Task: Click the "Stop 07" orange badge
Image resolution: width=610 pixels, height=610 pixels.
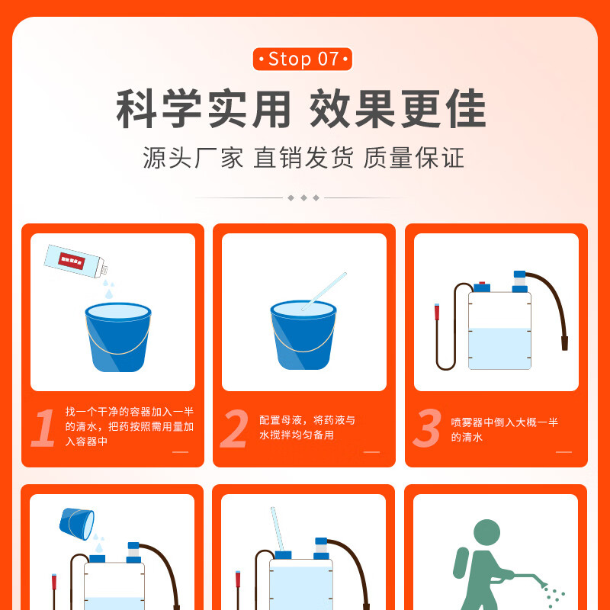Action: pyautogui.click(x=302, y=59)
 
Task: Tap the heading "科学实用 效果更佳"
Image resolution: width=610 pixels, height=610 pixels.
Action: pyautogui.click(x=301, y=108)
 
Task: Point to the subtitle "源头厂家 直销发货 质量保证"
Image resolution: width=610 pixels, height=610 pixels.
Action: pyautogui.click(x=303, y=158)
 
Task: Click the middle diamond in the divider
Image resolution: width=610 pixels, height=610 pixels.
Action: pyautogui.click(x=303, y=198)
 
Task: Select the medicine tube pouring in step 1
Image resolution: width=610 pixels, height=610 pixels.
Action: pyautogui.click(x=75, y=262)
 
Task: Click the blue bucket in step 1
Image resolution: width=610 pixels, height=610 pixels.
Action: pyautogui.click(x=118, y=337)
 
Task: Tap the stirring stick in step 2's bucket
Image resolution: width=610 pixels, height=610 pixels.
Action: pyautogui.click(x=323, y=291)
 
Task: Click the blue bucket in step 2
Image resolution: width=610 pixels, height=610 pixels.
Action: pyautogui.click(x=303, y=335)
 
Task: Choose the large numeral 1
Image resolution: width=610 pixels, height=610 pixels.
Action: pyautogui.click(x=43, y=427)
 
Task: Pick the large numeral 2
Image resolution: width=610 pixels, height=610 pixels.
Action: pyautogui.click(x=234, y=428)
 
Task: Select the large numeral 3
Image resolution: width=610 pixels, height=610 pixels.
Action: pyautogui.click(x=427, y=428)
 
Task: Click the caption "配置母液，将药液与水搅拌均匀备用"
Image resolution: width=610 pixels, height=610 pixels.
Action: pyautogui.click(x=307, y=428)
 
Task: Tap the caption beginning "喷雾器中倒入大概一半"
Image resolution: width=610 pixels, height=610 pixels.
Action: pyautogui.click(x=505, y=429)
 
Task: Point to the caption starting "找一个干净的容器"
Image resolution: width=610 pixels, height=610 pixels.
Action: pyautogui.click(x=130, y=427)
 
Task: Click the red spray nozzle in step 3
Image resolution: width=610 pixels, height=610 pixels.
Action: pyautogui.click(x=437, y=312)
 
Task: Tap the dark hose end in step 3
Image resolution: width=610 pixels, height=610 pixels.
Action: pyautogui.click(x=564, y=344)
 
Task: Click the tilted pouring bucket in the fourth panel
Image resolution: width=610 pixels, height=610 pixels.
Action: pyautogui.click(x=77, y=524)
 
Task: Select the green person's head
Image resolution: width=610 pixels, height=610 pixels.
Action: pyautogui.click(x=486, y=532)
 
